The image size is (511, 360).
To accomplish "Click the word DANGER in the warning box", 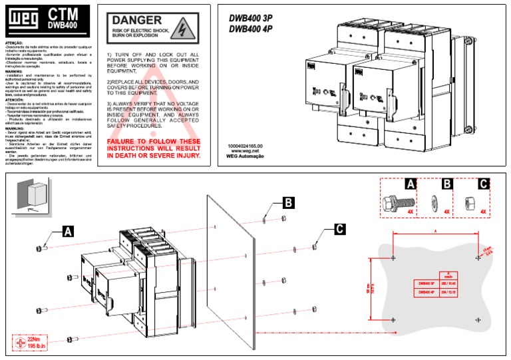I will click(x=137, y=21).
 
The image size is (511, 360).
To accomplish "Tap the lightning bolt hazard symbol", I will click(x=180, y=29).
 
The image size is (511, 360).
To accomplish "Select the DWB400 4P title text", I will click(x=251, y=29).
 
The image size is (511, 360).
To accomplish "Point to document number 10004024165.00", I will click(x=246, y=145).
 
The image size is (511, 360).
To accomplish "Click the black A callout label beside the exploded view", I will click(x=68, y=231).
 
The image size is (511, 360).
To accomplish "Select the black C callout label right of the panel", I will click(x=339, y=229).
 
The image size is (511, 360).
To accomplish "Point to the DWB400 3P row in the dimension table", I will click(x=428, y=283).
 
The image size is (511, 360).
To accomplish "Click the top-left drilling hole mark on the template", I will click(x=393, y=257).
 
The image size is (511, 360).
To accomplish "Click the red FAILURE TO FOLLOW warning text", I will click(x=154, y=148).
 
